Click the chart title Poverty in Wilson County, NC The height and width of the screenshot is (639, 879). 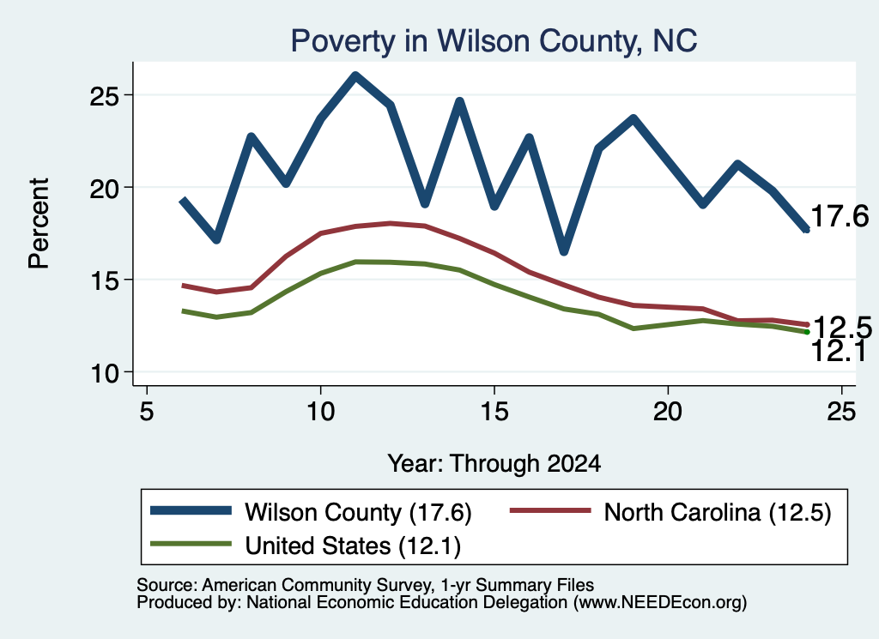494,41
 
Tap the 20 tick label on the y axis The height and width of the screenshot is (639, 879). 105,189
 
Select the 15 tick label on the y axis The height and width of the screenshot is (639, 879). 105,280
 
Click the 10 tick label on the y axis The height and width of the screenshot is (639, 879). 105,373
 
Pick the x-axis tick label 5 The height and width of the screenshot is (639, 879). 146,412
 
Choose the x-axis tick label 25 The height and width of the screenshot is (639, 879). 841,412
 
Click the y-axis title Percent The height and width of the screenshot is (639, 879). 39,224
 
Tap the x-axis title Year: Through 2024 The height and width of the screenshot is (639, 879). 494,464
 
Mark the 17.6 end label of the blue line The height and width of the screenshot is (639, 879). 840,216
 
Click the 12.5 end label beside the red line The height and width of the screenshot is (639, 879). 842,327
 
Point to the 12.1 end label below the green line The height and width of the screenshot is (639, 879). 839,351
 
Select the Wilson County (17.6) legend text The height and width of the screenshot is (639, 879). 358,512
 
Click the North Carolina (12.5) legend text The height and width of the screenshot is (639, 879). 718,512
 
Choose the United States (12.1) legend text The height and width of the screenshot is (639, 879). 353,546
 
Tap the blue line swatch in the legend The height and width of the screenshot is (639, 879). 191,510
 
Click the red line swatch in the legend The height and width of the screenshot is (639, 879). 550,510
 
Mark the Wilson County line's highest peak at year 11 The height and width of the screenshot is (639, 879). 355,75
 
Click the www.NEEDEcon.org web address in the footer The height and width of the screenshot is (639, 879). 659,603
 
